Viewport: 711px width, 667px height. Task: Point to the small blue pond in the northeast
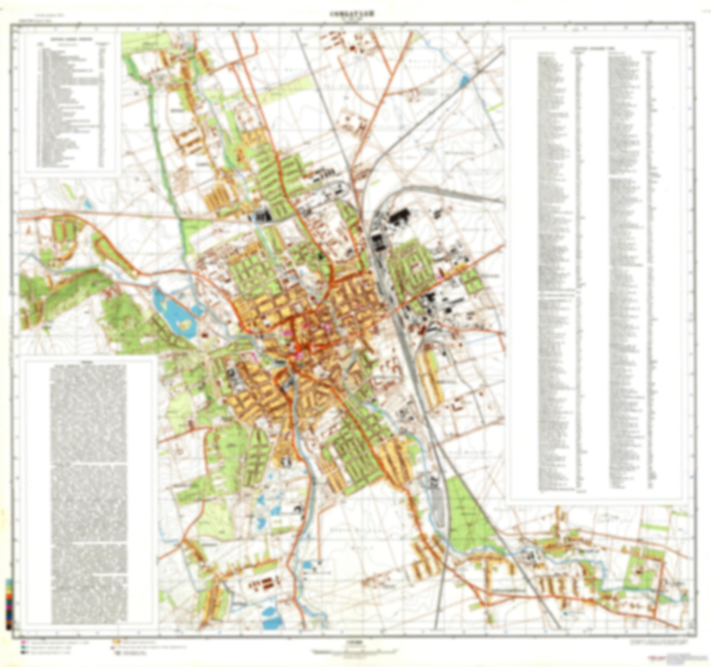[x=464, y=81]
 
